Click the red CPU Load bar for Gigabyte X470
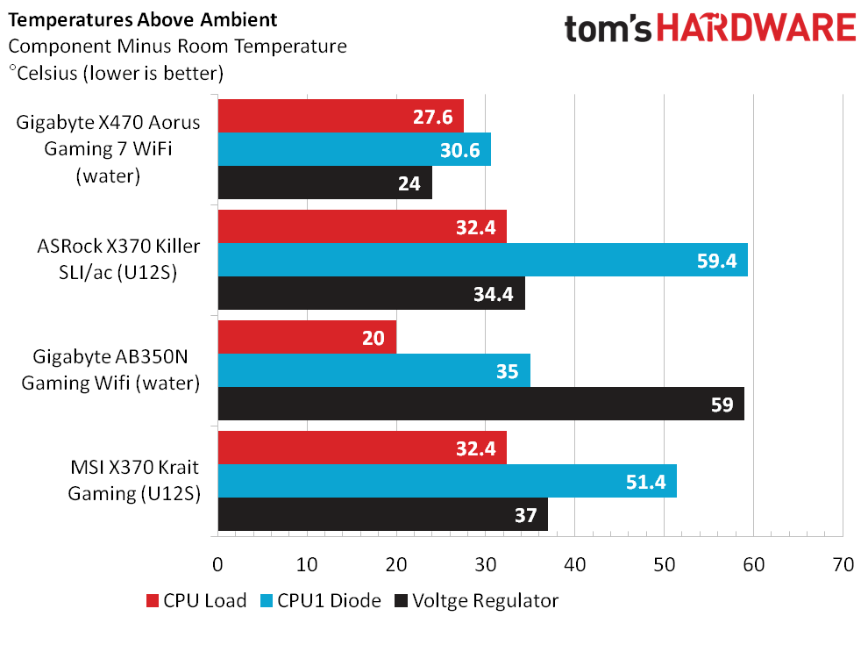tap(340, 117)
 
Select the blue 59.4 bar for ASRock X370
tap(483, 260)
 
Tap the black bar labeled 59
tap(481, 404)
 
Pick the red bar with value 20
tap(307, 337)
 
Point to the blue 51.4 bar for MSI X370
tap(447, 481)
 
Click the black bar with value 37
tap(383, 514)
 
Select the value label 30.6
tap(460, 150)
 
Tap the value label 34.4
tap(494, 294)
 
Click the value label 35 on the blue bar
tap(507, 371)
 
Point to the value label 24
tap(409, 183)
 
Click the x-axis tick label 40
tap(574, 564)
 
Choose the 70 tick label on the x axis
tap(843, 564)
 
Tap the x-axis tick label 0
tap(217, 564)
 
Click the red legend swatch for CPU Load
tap(153, 601)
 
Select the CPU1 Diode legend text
tap(329, 600)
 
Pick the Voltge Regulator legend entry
tap(477, 601)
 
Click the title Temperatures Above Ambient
tap(142, 20)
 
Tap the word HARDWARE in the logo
tap(756, 28)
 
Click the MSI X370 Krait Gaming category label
tap(134, 480)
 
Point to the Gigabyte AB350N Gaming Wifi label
tap(110, 369)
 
